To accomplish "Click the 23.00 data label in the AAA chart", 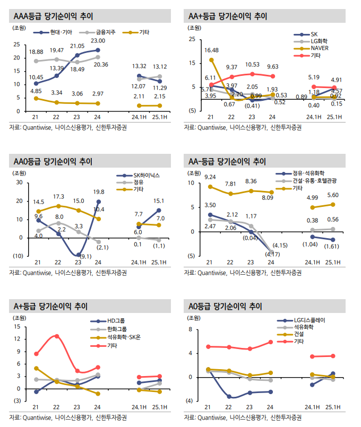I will click(x=98, y=41).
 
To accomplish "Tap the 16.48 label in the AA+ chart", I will click(x=211, y=50).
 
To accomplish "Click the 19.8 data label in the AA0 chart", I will click(x=98, y=192).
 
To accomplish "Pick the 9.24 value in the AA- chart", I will click(x=210, y=177).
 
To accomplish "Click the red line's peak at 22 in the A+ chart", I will click(x=56, y=336).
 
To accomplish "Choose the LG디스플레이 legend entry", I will click(x=310, y=321).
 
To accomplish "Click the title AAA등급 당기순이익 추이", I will click(x=50, y=16).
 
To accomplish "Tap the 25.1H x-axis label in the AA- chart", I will click(x=332, y=263).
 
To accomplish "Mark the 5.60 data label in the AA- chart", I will click(x=332, y=195).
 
